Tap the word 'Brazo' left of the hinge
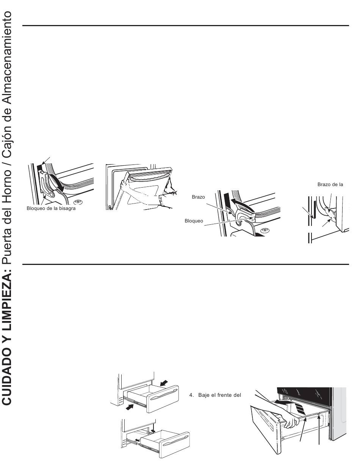coord(199,197)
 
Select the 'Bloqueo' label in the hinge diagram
coord(194,221)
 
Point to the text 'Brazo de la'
coord(330,185)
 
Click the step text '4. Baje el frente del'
coord(215,395)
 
